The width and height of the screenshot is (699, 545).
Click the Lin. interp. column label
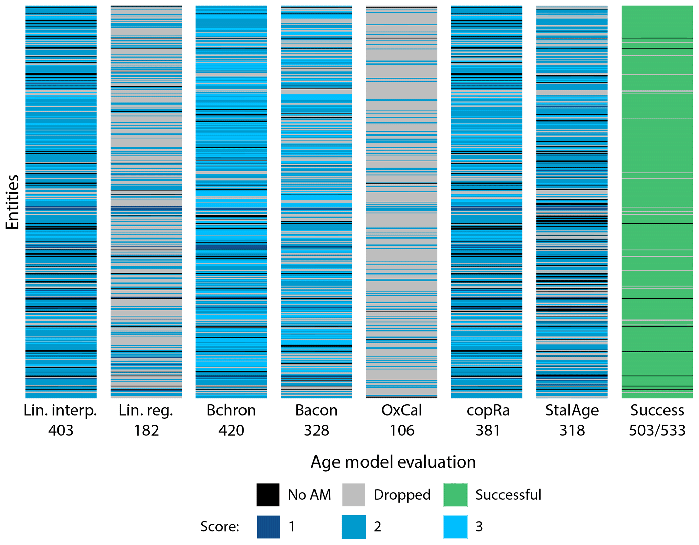pos(61,410)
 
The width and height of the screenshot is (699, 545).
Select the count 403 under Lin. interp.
pos(61,430)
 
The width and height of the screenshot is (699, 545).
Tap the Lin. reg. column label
pos(146,410)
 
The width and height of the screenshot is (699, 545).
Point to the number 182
pos(146,430)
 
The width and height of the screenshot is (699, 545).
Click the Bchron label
pos(231,410)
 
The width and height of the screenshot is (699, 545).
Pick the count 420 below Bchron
pos(231,430)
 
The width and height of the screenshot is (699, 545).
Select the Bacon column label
pos(316,410)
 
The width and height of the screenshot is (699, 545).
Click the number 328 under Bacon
pos(316,430)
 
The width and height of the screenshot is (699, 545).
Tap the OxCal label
pos(401,410)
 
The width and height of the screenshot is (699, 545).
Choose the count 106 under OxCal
pos(402,430)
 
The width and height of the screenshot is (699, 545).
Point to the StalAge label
pos(572,410)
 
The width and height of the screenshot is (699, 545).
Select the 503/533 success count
pos(657,430)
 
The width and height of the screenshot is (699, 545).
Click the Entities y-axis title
pos(13,202)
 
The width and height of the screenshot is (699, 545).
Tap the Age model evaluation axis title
pos(393,462)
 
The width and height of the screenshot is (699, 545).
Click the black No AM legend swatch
pos(268,495)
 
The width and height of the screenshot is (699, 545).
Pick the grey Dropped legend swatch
pos(353,495)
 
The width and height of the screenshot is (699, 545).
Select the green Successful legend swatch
pos(455,495)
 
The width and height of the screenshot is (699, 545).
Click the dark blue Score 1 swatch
pos(268,527)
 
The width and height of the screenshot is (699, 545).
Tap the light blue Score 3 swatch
pos(455,527)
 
